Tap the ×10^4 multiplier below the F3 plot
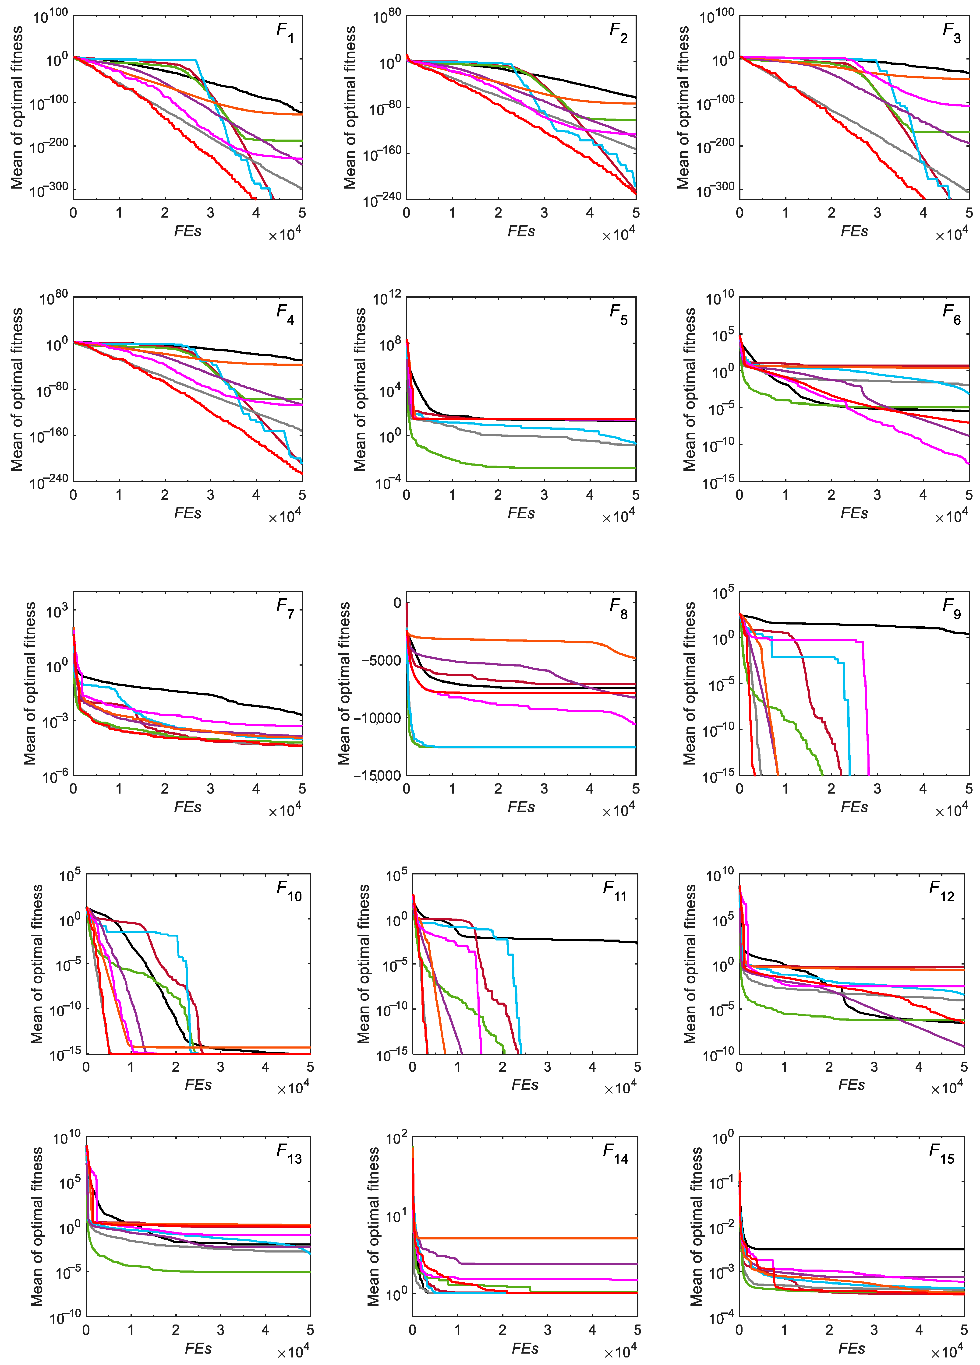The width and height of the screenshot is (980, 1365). tap(952, 235)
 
